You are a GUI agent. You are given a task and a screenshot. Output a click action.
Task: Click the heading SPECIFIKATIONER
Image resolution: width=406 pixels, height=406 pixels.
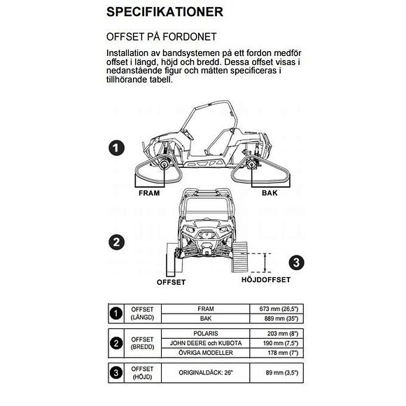click(x=165, y=12)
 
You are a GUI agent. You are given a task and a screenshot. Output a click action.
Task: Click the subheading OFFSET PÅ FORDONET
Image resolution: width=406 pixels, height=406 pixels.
click(x=161, y=37)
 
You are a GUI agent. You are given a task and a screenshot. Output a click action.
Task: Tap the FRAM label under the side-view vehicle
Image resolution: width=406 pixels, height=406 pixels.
click(x=150, y=192)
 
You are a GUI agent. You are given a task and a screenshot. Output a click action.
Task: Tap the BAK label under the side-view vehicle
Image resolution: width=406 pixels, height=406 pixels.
click(x=270, y=192)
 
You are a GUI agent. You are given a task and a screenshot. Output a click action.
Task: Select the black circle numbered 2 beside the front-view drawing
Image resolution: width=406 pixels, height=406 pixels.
click(x=118, y=243)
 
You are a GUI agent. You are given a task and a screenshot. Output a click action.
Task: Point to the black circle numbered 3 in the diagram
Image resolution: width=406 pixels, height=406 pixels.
click(x=297, y=262)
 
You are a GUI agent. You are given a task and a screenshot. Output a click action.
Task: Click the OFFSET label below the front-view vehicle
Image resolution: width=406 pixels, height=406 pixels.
click(x=171, y=282)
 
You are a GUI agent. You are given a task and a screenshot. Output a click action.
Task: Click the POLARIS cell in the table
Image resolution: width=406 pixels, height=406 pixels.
click(x=206, y=333)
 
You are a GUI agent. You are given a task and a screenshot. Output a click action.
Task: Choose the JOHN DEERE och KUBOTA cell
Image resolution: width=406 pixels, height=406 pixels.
click(x=206, y=343)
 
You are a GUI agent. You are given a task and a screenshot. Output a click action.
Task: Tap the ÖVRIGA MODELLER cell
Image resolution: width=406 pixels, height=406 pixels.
click(x=206, y=353)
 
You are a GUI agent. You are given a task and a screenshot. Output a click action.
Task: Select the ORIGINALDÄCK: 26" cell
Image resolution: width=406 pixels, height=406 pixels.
click(x=206, y=372)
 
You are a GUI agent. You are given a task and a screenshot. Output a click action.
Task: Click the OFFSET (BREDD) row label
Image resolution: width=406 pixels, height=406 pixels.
click(x=142, y=343)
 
